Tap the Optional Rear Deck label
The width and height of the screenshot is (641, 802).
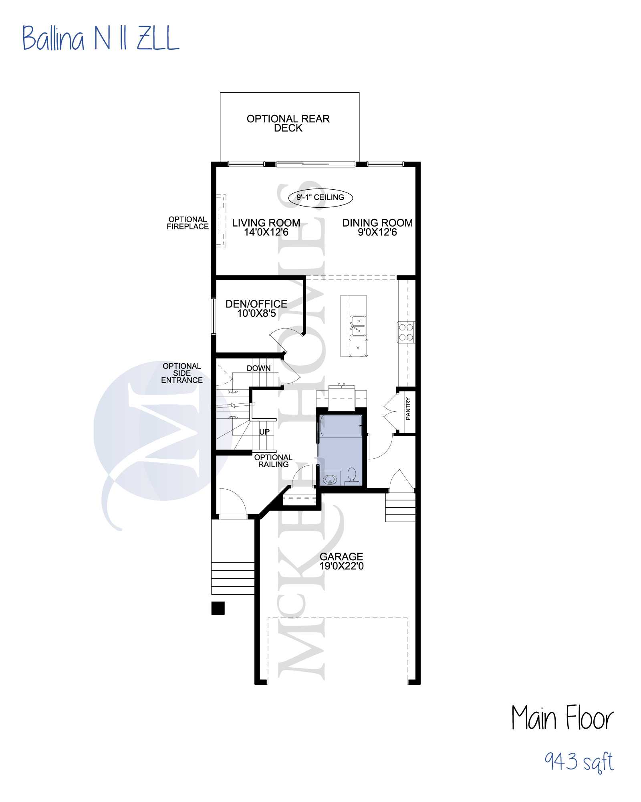click(288, 123)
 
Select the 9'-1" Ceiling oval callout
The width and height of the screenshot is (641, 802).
click(320, 197)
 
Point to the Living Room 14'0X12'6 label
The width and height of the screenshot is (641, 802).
click(266, 227)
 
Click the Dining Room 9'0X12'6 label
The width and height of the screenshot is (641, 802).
click(377, 227)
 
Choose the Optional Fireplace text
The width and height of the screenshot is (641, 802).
click(187, 223)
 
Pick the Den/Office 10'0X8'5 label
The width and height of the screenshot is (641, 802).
click(256, 309)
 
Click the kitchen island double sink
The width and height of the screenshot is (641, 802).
click(358, 326)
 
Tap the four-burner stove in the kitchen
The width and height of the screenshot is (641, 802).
click(406, 332)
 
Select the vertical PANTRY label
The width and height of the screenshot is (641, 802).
click(408, 409)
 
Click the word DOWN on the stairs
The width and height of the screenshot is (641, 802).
click(258, 368)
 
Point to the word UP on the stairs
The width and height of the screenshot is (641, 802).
click(264, 432)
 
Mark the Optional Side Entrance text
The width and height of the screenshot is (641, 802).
click(182, 373)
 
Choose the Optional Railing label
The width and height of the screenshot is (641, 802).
click(273, 461)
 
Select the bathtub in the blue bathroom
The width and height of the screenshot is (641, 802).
click(341, 426)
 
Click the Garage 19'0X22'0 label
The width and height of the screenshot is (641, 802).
click(341, 561)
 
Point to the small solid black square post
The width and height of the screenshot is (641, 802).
click(218, 608)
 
